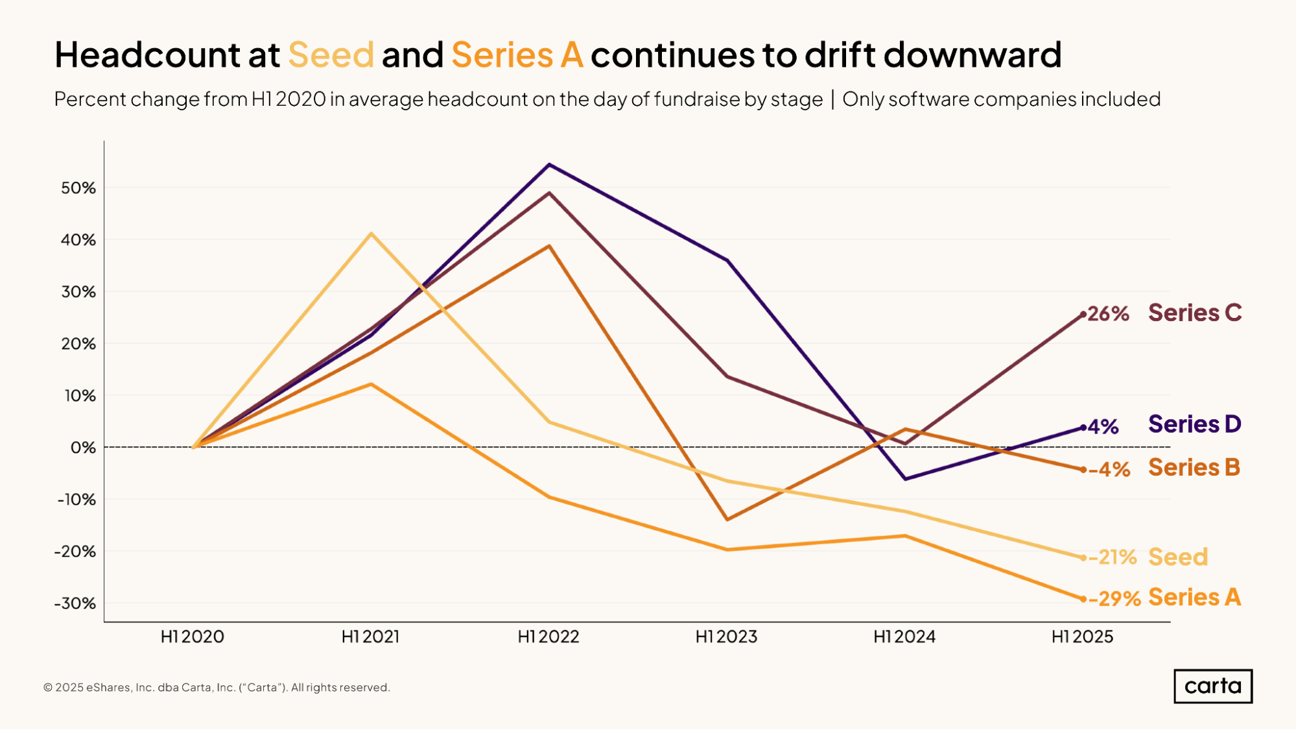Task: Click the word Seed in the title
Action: (x=331, y=55)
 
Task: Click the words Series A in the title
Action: (x=517, y=55)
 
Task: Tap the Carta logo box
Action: (x=1212, y=686)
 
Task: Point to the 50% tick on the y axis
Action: (x=78, y=188)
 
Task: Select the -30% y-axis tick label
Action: (x=75, y=603)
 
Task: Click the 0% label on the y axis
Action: (x=83, y=448)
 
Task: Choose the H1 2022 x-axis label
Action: (x=548, y=637)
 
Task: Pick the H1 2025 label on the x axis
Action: (x=1082, y=637)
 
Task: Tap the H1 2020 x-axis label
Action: (x=193, y=637)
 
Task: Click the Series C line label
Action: (x=1194, y=313)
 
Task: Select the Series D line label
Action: (x=1194, y=424)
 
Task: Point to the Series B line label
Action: (x=1194, y=468)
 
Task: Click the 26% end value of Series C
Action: (x=1108, y=314)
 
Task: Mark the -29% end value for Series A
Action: (x=1114, y=598)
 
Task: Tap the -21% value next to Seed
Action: (x=1113, y=557)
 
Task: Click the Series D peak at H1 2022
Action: (x=549, y=165)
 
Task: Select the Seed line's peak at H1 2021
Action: (x=371, y=234)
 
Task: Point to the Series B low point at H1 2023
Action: (x=727, y=519)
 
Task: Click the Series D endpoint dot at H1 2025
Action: (x=1083, y=428)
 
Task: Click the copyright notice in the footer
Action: (x=217, y=687)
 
